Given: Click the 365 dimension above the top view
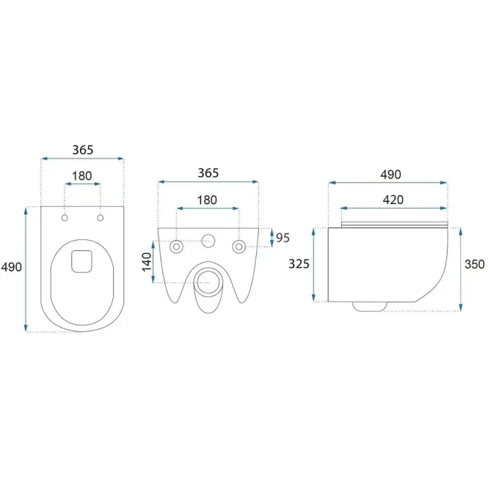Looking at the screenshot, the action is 83,150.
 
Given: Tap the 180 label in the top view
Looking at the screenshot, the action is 82,176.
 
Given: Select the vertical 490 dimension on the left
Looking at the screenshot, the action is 12,267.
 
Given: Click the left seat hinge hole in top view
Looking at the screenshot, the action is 65,218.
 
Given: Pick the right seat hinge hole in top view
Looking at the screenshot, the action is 101,218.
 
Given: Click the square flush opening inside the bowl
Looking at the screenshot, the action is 82,261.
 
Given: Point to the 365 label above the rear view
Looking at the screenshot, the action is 208,173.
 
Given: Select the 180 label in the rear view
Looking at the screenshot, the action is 207,200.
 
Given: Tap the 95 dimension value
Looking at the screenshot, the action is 283,238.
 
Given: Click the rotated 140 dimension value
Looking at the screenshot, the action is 147,262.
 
